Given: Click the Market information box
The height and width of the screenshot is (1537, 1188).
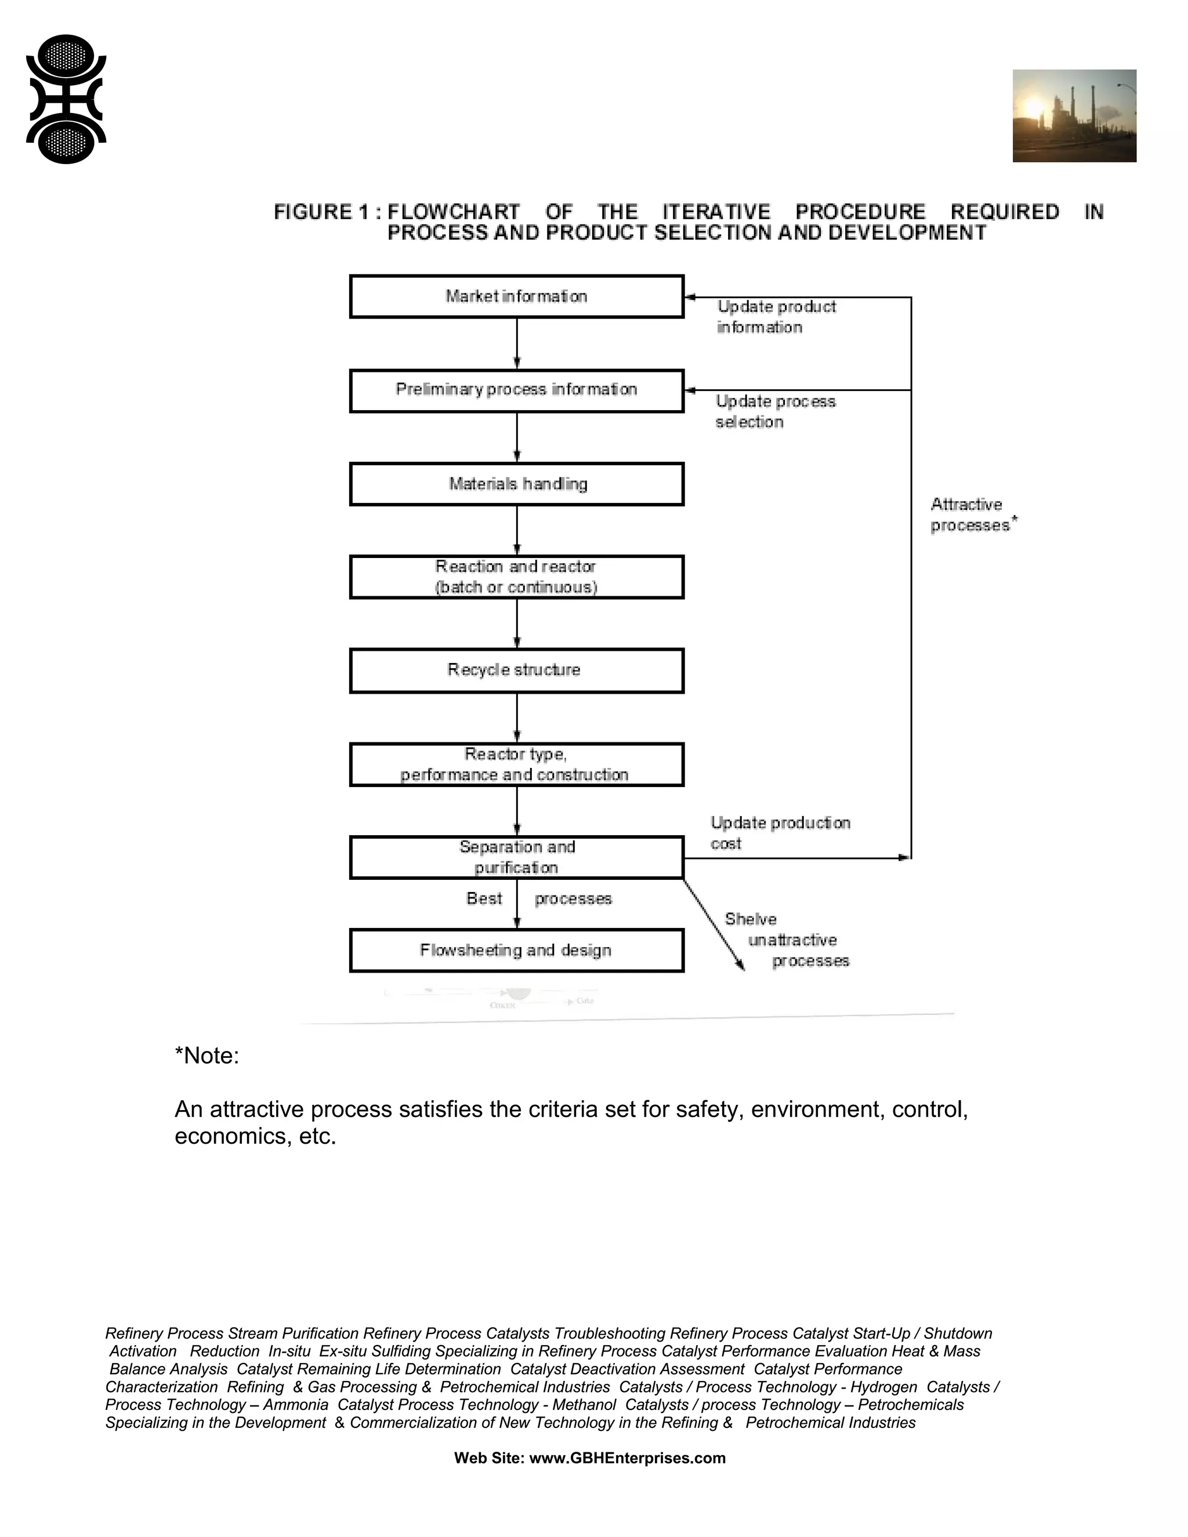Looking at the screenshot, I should click(x=517, y=296).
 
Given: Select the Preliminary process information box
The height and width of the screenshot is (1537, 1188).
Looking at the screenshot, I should click(x=517, y=390).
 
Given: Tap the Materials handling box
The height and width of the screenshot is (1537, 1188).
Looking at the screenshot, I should click(x=517, y=484).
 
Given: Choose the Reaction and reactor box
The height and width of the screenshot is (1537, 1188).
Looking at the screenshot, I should click(x=517, y=577).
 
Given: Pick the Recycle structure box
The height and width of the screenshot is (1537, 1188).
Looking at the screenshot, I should click(x=517, y=670).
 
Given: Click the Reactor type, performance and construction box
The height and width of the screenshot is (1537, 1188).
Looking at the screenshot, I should click(x=517, y=764).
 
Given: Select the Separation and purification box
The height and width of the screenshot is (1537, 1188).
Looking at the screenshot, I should click(x=517, y=857).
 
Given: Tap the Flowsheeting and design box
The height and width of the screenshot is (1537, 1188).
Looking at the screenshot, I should click(x=517, y=951).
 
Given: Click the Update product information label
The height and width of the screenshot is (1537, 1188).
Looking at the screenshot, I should click(x=776, y=317).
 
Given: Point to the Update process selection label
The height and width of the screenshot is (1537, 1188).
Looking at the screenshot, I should click(x=775, y=412).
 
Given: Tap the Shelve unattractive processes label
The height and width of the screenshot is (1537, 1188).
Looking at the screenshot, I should click(x=788, y=940).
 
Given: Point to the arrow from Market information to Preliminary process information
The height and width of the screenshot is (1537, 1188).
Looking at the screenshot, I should click(x=517, y=343).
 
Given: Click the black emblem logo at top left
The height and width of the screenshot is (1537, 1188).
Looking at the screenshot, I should click(x=66, y=99).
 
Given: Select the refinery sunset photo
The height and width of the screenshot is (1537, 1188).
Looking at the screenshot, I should click(x=1074, y=116).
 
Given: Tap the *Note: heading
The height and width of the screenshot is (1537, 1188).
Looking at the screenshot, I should click(x=207, y=1056).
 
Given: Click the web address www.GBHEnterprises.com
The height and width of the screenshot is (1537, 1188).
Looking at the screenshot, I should click(x=627, y=1458).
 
